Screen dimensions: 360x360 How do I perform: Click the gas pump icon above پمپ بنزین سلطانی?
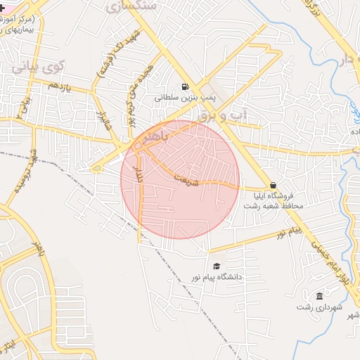pos(184,87)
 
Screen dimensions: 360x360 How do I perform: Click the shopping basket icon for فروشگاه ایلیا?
pos(273,186)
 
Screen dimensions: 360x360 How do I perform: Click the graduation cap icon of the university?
pos(217,266)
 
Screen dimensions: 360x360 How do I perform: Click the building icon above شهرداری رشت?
pos(320,296)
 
